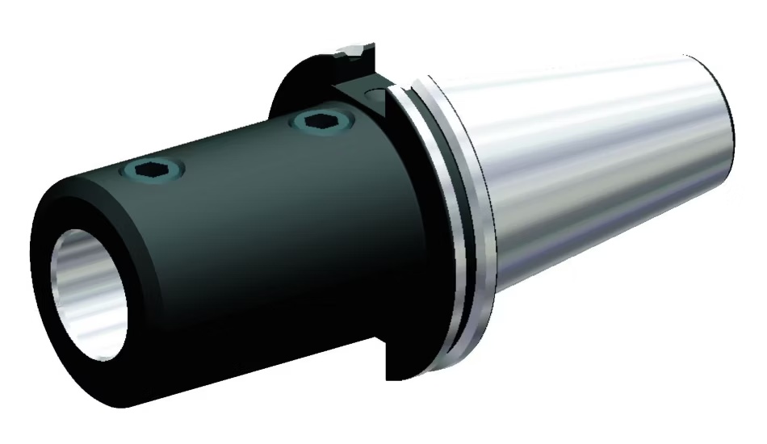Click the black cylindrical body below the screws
[x=266, y=266]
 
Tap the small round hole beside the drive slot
[x=376, y=96]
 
